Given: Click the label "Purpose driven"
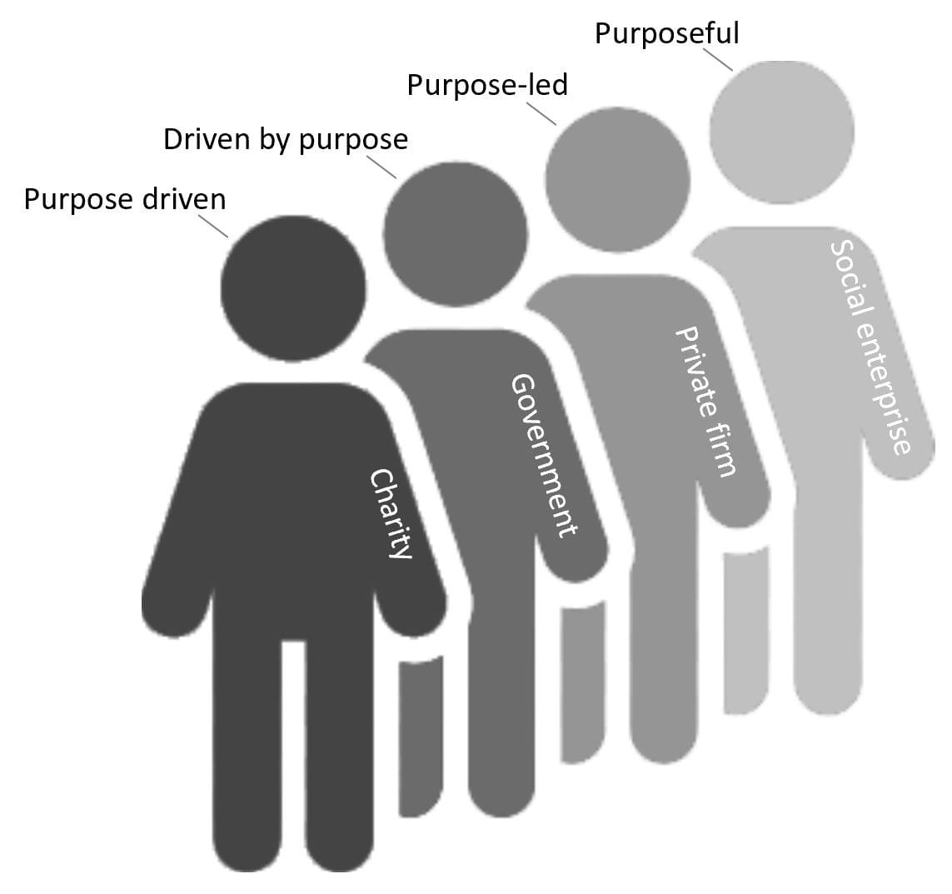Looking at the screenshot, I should [125, 201].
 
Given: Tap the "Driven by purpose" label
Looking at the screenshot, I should [286, 139].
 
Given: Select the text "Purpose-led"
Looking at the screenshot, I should [487, 85].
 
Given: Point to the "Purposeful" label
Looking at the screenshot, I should [666, 34].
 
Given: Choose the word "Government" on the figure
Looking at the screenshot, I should [544, 455].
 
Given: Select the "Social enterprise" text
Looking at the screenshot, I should [870, 347].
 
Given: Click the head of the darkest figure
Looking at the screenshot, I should [293, 288].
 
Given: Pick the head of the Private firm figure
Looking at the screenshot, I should [617, 180].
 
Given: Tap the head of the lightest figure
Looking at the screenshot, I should [781, 132].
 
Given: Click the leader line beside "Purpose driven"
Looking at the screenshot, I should [213, 226].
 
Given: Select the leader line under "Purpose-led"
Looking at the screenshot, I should [541, 112].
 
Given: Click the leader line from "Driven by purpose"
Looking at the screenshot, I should [381, 167].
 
